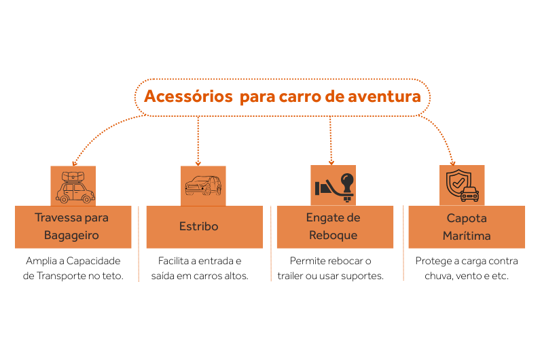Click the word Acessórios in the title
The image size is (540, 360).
(187, 96)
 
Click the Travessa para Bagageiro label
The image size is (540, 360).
(72, 227)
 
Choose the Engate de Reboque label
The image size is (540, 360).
(334, 227)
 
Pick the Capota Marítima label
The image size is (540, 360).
(466, 227)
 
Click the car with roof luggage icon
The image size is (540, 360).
(73, 185)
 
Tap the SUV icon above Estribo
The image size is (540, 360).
(203, 185)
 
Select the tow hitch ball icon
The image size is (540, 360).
(333, 185)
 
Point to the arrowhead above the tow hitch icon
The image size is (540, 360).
(331, 162)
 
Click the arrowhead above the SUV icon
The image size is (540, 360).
(198, 163)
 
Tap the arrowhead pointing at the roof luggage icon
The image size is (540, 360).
(75, 163)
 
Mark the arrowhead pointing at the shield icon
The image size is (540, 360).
(452, 162)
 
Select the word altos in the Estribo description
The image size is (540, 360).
(235, 276)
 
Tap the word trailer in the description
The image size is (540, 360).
(292, 276)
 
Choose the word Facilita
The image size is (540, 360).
(176, 261)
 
